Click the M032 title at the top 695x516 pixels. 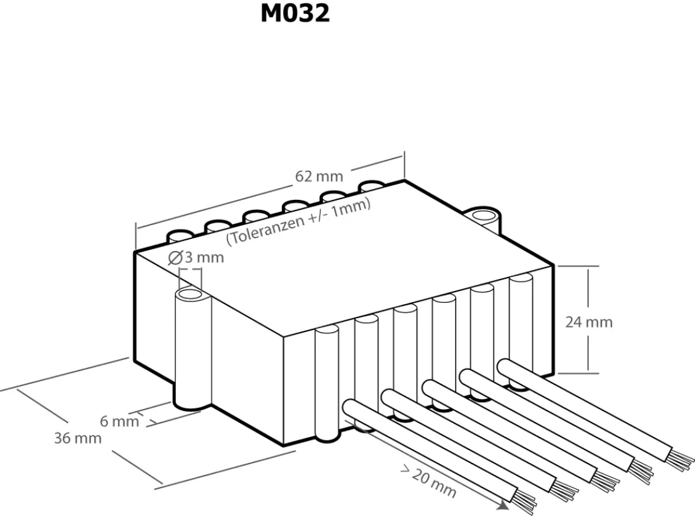(x=295, y=13)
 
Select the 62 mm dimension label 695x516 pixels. (x=319, y=176)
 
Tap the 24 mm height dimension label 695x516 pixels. (x=589, y=322)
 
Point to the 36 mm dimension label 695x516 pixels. (x=78, y=438)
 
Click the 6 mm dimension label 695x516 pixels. (x=119, y=421)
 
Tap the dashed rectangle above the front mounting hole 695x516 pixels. (x=190, y=279)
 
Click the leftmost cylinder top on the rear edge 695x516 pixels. (x=179, y=235)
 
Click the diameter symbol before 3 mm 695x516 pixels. (x=176, y=258)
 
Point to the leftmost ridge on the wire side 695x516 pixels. (x=327, y=382)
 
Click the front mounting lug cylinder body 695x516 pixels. (x=193, y=350)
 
